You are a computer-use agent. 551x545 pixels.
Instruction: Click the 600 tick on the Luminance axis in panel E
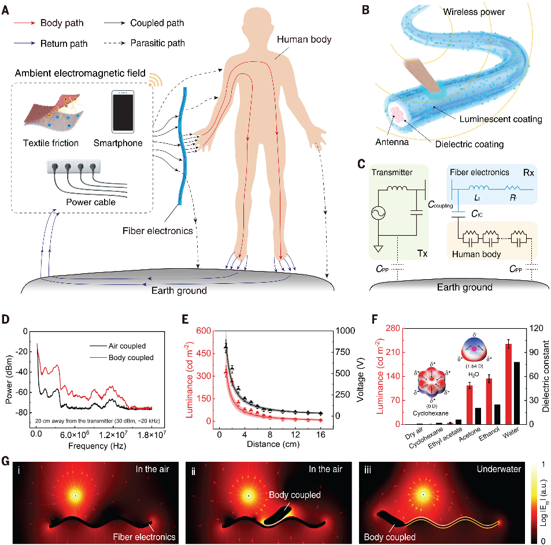pyautogui.click(x=203, y=332)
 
